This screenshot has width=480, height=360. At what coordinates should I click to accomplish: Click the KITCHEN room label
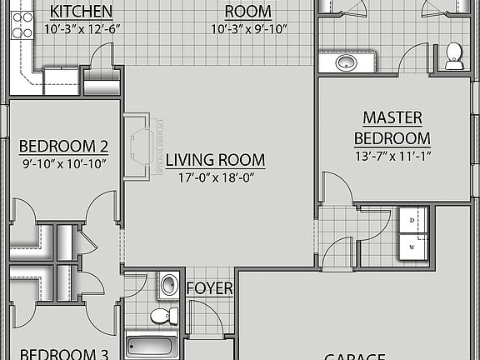tap(82, 12)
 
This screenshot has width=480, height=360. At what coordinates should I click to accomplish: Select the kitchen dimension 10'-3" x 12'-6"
tap(82, 29)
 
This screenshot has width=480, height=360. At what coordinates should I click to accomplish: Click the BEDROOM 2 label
tap(63, 147)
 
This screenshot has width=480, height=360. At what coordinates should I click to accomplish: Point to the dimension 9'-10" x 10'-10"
tap(63, 164)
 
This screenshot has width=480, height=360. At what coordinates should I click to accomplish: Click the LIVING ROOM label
tap(215, 160)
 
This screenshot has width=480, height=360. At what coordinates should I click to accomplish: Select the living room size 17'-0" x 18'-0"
tap(215, 177)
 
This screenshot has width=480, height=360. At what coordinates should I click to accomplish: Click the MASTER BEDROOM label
tap(392, 128)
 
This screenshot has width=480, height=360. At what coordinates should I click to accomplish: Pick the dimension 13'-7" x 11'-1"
tap(392, 156)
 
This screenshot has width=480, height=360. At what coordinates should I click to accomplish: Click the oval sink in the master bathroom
tap(346, 62)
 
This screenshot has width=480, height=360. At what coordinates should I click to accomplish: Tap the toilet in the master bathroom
tap(454, 55)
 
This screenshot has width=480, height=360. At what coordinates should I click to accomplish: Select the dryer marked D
tap(412, 220)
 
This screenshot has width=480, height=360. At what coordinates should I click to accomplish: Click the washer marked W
tap(412, 247)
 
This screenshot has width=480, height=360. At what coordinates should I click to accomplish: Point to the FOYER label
tap(209, 288)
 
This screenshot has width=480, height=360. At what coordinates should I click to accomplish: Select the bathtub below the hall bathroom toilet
tap(152, 346)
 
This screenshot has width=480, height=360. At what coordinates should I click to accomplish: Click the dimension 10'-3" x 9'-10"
tap(248, 29)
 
